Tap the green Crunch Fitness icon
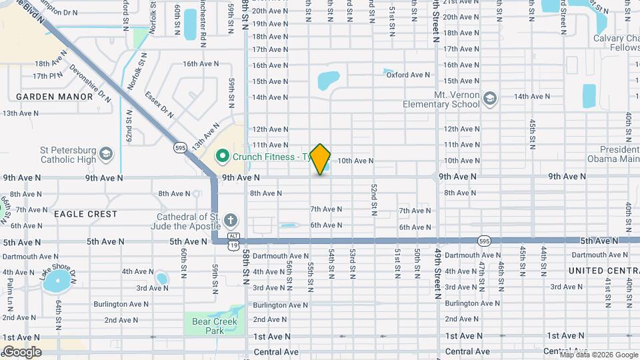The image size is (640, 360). click(223, 157)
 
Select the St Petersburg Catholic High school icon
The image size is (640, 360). click(106, 155)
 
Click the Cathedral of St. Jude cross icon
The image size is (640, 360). click(231, 220)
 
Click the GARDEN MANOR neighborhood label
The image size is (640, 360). click(55, 97)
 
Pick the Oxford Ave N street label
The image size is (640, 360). click(409, 75)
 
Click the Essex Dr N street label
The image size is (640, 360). click(159, 104)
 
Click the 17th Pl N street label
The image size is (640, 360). click(47, 76)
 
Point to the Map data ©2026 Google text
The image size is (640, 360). click(599, 355)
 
